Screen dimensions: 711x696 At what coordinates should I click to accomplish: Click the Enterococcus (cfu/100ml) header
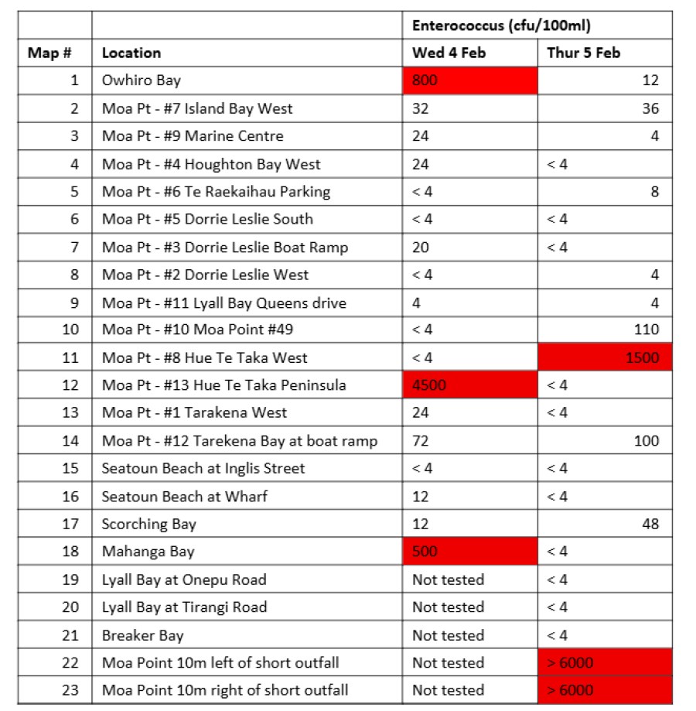pos(501,26)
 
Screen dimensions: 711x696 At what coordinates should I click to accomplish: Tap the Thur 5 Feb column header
pos(583,53)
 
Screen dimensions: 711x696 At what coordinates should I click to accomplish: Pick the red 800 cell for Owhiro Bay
pos(469,80)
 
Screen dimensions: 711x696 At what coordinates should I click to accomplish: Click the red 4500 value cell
pos(469,385)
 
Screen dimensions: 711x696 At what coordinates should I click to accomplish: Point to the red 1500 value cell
pos(604,357)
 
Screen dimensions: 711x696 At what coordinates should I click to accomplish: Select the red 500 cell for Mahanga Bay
pos(469,552)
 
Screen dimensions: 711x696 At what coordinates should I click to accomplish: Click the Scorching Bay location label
pos(149,524)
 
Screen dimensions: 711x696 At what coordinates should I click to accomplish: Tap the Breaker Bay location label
pos(143,635)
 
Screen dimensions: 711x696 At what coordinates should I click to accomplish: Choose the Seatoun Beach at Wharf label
pos(185,496)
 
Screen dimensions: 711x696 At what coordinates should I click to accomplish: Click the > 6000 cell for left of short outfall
pos(604,663)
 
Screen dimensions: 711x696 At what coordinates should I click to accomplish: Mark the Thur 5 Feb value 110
pos(646,330)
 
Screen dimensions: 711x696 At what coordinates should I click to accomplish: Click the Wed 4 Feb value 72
pos(421,441)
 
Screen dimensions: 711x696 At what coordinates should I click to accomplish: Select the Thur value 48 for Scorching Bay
pos(650,524)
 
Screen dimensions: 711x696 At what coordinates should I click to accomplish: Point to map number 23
pos(70,690)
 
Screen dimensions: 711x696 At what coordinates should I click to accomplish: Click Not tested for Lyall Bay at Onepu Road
pos(449,579)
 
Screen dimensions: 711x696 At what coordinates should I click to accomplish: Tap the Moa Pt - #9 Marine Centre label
pos(193,136)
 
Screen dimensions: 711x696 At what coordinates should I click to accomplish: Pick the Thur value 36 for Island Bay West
pos(650,108)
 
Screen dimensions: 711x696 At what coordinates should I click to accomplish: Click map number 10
pos(70,330)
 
